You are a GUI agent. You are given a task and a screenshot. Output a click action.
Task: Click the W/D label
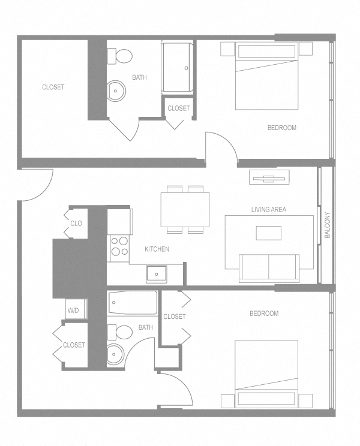[x=73, y=311]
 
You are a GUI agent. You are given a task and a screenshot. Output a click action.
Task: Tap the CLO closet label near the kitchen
[x=76, y=224]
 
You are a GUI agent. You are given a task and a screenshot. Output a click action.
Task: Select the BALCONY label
[x=328, y=226]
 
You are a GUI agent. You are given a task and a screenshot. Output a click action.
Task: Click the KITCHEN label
[x=157, y=249]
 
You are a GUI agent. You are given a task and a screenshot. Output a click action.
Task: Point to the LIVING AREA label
[x=268, y=210]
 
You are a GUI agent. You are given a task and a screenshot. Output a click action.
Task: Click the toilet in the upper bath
[x=121, y=56]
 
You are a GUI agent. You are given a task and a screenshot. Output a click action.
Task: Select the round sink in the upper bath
[x=116, y=92]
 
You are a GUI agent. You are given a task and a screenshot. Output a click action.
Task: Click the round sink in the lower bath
[x=115, y=354]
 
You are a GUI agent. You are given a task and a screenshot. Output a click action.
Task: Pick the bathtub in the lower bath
[x=133, y=303]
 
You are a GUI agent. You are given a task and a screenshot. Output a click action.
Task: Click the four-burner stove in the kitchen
[x=119, y=247]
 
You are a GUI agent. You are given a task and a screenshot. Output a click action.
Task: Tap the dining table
[x=185, y=209]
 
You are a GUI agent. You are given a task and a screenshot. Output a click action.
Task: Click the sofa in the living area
[x=269, y=267]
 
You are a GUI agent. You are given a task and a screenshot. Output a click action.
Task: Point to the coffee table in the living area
[x=268, y=232]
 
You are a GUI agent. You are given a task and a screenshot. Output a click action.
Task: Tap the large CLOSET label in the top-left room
[x=53, y=87]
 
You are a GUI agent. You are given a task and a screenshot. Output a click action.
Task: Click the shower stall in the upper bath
[x=178, y=67]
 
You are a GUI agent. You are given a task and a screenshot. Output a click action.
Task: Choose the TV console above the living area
[x=269, y=177]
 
